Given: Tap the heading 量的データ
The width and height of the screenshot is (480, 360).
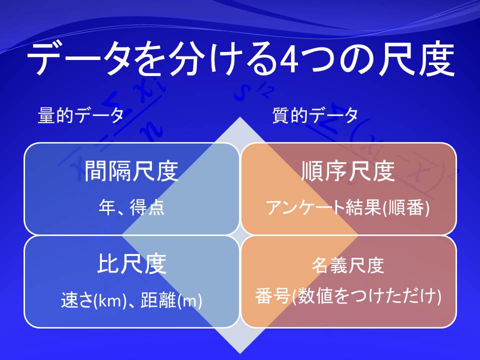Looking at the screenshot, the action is [80, 115].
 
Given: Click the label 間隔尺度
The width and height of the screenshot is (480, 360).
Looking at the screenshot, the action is [131, 171].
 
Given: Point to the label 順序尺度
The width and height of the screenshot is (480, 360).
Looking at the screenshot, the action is [348, 171].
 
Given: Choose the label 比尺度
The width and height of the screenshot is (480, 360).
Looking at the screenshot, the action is [132, 263].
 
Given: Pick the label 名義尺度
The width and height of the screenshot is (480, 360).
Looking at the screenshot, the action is [348, 265].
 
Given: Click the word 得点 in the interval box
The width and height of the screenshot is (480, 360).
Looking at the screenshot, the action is [147, 207].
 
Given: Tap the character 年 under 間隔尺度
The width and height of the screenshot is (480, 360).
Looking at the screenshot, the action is [107, 207].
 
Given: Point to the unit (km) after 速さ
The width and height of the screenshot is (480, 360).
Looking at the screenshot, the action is [110, 300].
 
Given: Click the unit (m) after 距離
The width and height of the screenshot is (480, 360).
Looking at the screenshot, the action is [189, 300].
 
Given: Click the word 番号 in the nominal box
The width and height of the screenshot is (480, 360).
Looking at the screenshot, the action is [273, 296].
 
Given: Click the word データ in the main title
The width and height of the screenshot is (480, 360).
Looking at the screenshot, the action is [80, 59].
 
